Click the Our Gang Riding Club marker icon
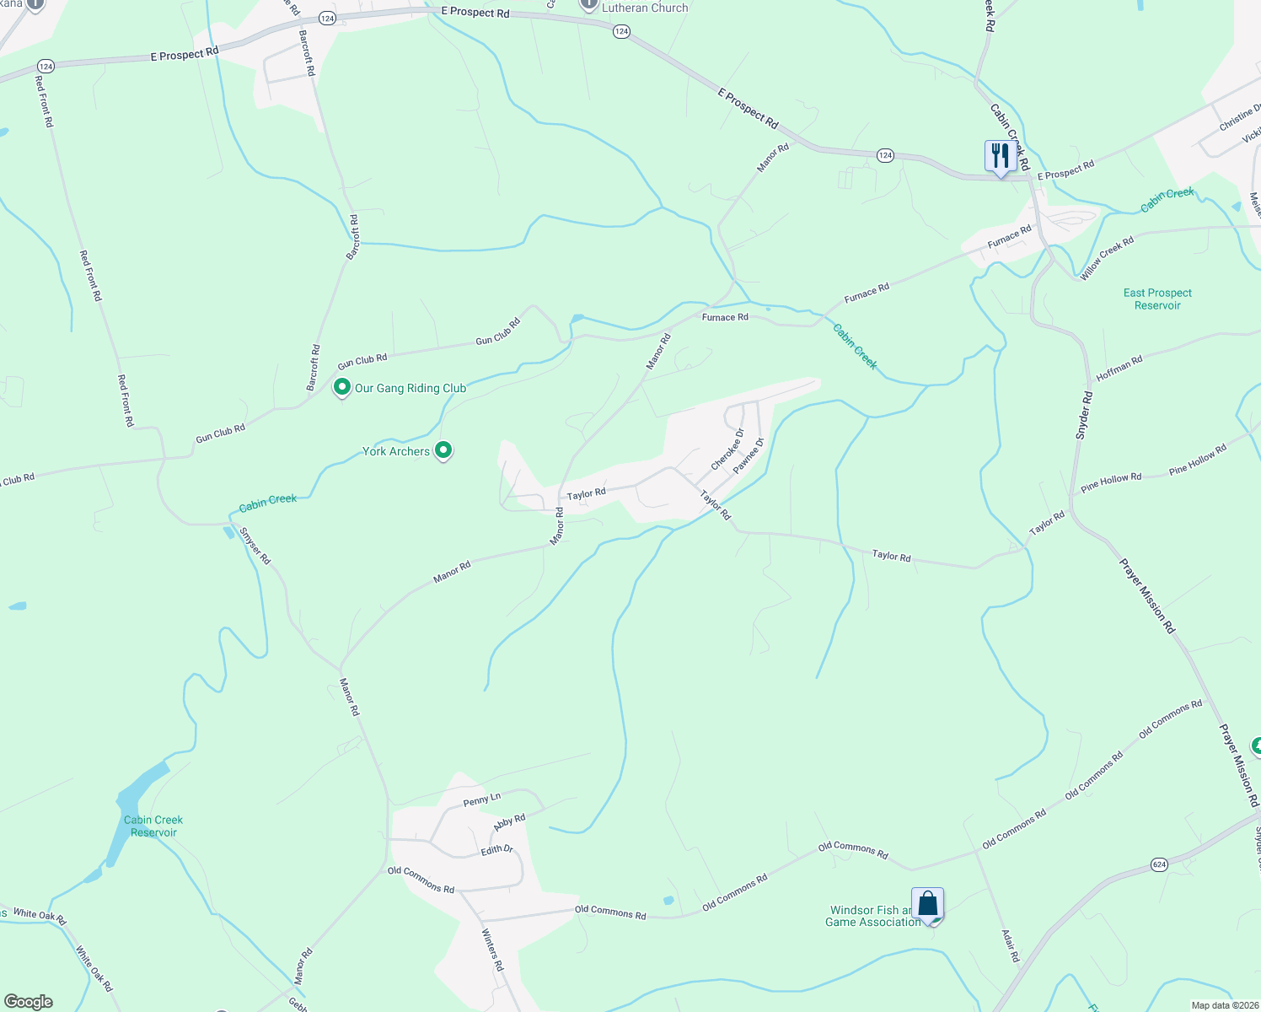[x=341, y=388]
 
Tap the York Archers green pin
[x=443, y=450]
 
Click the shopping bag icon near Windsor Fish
[x=927, y=904]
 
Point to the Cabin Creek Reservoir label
[x=153, y=826]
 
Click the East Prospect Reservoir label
[x=1157, y=299]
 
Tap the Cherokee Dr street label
[x=727, y=449]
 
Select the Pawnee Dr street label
[x=749, y=455]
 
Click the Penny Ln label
[x=482, y=799]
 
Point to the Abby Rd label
[x=509, y=822]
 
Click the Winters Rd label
[x=491, y=949]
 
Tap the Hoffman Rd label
[x=1119, y=368]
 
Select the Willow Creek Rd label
[x=1107, y=257]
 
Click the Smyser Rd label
[x=255, y=546]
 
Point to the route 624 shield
[x=1160, y=864]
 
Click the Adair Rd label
[x=1010, y=945]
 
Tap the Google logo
[x=29, y=1002]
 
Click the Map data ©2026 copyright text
[x=1224, y=1005]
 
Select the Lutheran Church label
[x=645, y=8]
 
